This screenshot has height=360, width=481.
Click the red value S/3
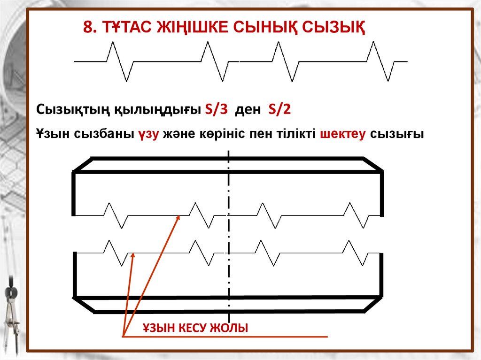(217, 110)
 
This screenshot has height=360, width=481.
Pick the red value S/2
(280, 110)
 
